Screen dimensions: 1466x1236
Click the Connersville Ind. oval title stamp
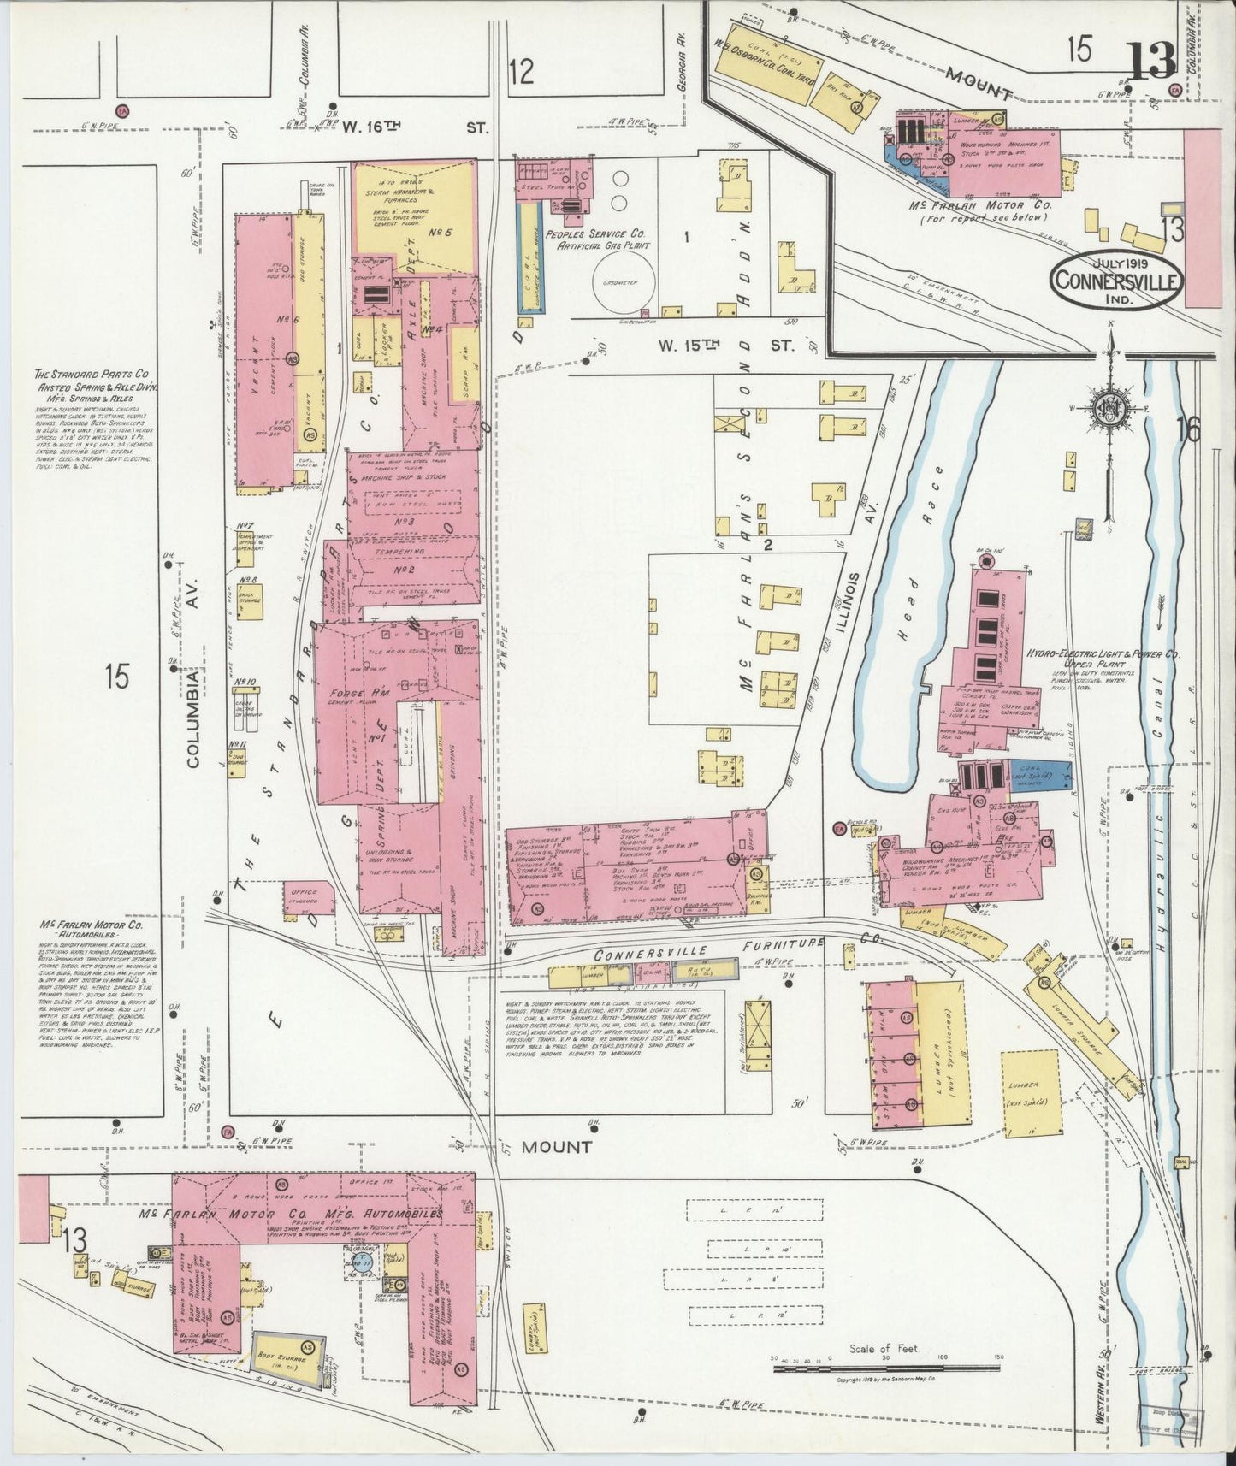click(1118, 280)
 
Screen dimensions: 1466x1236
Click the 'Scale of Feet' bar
click(885, 1368)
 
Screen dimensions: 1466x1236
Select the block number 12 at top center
click(521, 70)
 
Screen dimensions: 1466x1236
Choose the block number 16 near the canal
click(1189, 429)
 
